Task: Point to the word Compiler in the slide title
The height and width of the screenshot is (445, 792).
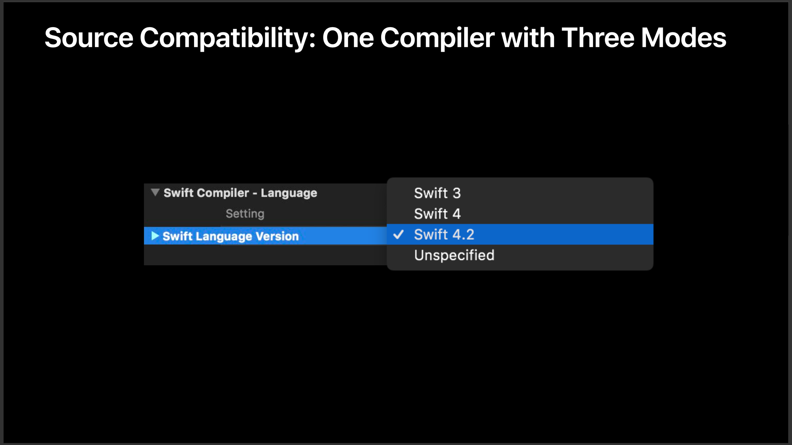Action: coord(437,38)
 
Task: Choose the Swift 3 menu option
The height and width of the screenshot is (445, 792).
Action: coord(437,193)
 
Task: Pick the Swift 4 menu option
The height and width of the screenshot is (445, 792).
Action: coord(437,214)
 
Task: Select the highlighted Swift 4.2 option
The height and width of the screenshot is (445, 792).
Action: coord(444,235)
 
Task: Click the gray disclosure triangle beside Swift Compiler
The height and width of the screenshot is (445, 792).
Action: coord(155,193)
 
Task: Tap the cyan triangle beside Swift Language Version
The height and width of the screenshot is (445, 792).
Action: coord(155,236)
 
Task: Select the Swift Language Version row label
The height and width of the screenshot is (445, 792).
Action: coord(230,236)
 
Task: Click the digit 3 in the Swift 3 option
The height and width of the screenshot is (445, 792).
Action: coord(456,193)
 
